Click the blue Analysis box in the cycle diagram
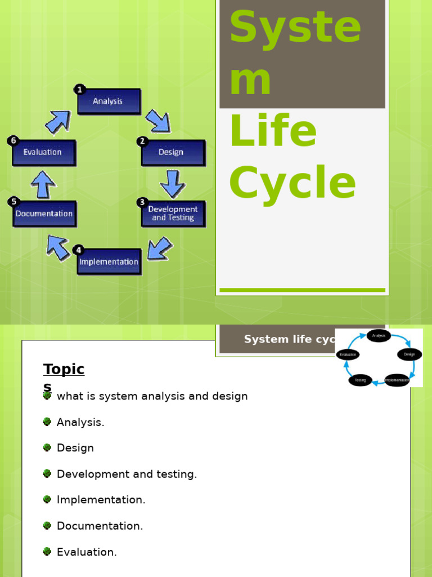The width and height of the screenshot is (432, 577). click(109, 101)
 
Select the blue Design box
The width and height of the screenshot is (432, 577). click(173, 152)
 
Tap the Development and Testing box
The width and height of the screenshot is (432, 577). click(173, 213)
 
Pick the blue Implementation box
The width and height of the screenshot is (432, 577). click(109, 261)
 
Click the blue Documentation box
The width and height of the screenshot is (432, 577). click(44, 214)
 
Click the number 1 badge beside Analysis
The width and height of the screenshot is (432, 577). click(80, 89)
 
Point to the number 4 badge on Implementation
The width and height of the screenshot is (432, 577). click(79, 250)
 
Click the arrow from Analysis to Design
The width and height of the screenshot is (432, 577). click(157, 121)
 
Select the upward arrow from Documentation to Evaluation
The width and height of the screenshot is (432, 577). click(43, 184)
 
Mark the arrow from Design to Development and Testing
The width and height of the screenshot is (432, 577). click(172, 183)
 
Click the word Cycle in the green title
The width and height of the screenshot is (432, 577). click(292, 183)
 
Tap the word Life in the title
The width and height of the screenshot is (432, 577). click(273, 131)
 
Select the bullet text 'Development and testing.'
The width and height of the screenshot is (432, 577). click(127, 474)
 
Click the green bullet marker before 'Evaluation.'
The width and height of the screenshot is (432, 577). click(47, 552)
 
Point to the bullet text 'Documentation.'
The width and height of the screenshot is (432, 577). click(100, 526)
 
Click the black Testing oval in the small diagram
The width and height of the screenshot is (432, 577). click(360, 380)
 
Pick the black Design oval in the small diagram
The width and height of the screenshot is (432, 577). click(409, 354)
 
